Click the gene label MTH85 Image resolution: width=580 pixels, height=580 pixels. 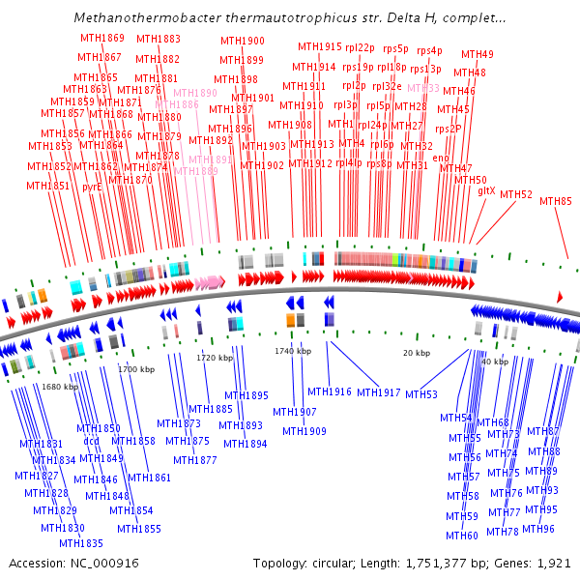tap(556, 201)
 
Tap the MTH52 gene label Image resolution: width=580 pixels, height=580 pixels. tap(516, 194)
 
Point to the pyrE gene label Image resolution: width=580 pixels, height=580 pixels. tap(92, 187)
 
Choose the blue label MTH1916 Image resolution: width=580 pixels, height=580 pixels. tap(330, 391)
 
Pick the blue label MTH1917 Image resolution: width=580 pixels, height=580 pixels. tap(379, 392)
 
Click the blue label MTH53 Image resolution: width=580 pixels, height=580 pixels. tap(421, 394)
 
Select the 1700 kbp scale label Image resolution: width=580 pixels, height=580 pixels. tap(136, 369)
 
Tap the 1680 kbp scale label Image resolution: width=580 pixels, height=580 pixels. tap(59, 387)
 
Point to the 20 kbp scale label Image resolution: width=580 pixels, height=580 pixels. tap(416, 353)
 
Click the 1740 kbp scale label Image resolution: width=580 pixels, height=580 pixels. tap(293, 351)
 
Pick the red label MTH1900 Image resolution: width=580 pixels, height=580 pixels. tap(242, 41)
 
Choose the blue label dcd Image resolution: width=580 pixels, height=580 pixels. tap(92, 441)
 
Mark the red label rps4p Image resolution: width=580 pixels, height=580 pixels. tap(429, 50)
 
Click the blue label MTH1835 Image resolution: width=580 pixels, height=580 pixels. tap(81, 543)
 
